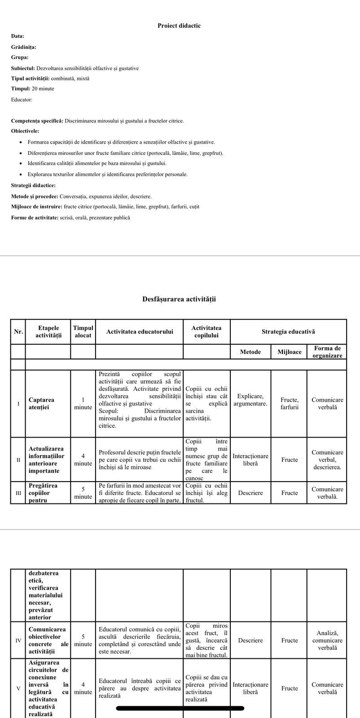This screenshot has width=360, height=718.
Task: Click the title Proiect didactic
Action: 179,26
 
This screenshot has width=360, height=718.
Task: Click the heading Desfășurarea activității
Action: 179,299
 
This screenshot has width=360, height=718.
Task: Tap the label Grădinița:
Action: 24,47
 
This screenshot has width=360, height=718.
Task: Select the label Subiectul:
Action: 23,68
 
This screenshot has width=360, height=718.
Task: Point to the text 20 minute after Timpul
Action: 43,89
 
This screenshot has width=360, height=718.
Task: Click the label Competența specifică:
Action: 37,121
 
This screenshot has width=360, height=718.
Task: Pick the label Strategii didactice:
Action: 33,185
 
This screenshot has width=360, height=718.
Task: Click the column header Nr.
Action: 18,332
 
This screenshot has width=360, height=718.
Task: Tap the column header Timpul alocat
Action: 83,332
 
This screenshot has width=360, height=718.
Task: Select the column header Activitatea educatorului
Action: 140,332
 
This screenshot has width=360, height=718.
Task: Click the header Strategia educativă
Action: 288,332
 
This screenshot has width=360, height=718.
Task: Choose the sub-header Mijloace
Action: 290,352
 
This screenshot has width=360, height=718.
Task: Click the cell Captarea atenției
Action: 41,403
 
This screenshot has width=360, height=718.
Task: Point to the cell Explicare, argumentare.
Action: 250,400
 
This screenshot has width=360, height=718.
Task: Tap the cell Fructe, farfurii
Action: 290,403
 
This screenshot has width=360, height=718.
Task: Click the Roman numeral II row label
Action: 18,460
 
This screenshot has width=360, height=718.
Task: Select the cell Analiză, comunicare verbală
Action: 327,640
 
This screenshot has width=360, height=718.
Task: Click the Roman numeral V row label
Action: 18,688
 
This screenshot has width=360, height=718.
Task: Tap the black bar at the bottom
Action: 180,709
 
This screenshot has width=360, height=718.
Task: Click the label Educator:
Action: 22,100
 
